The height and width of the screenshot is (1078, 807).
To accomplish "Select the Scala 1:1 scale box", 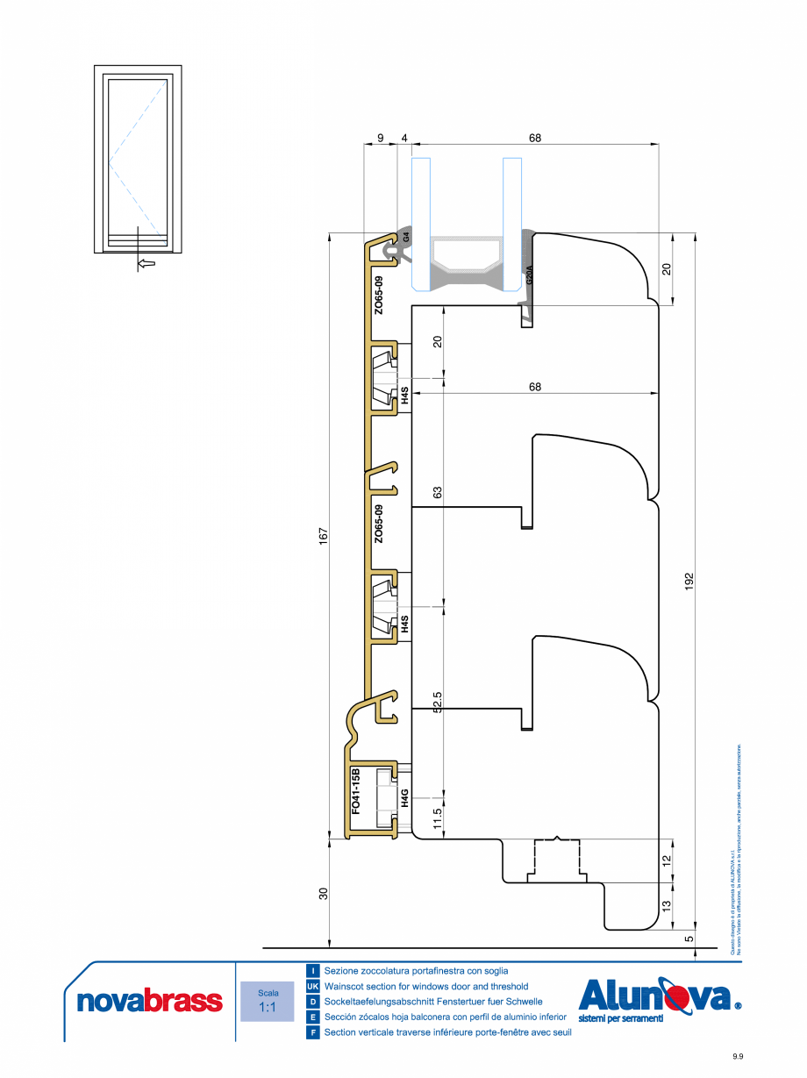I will (x=268, y=1001).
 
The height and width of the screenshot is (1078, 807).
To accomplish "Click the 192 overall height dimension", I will (x=689, y=581).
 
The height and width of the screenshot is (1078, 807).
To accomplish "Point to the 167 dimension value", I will (x=323, y=534).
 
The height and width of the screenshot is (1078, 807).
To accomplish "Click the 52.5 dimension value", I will (x=438, y=703).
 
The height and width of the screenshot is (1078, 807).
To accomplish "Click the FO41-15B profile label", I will (x=356, y=792).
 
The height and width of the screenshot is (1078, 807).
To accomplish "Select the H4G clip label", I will (x=405, y=797).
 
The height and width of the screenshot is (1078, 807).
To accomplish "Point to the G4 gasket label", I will (x=406, y=236).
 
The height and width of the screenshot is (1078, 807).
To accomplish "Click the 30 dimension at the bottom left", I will (x=323, y=894).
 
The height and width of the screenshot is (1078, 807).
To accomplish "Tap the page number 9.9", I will (x=739, y=1057).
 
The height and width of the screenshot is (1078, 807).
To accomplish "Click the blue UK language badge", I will (x=312, y=986).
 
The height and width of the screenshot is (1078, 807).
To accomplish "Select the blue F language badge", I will (x=312, y=1032).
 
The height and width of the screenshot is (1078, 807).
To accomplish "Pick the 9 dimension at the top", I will (x=380, y=137).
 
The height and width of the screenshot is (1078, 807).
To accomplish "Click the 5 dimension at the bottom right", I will (x=689, y=938).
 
